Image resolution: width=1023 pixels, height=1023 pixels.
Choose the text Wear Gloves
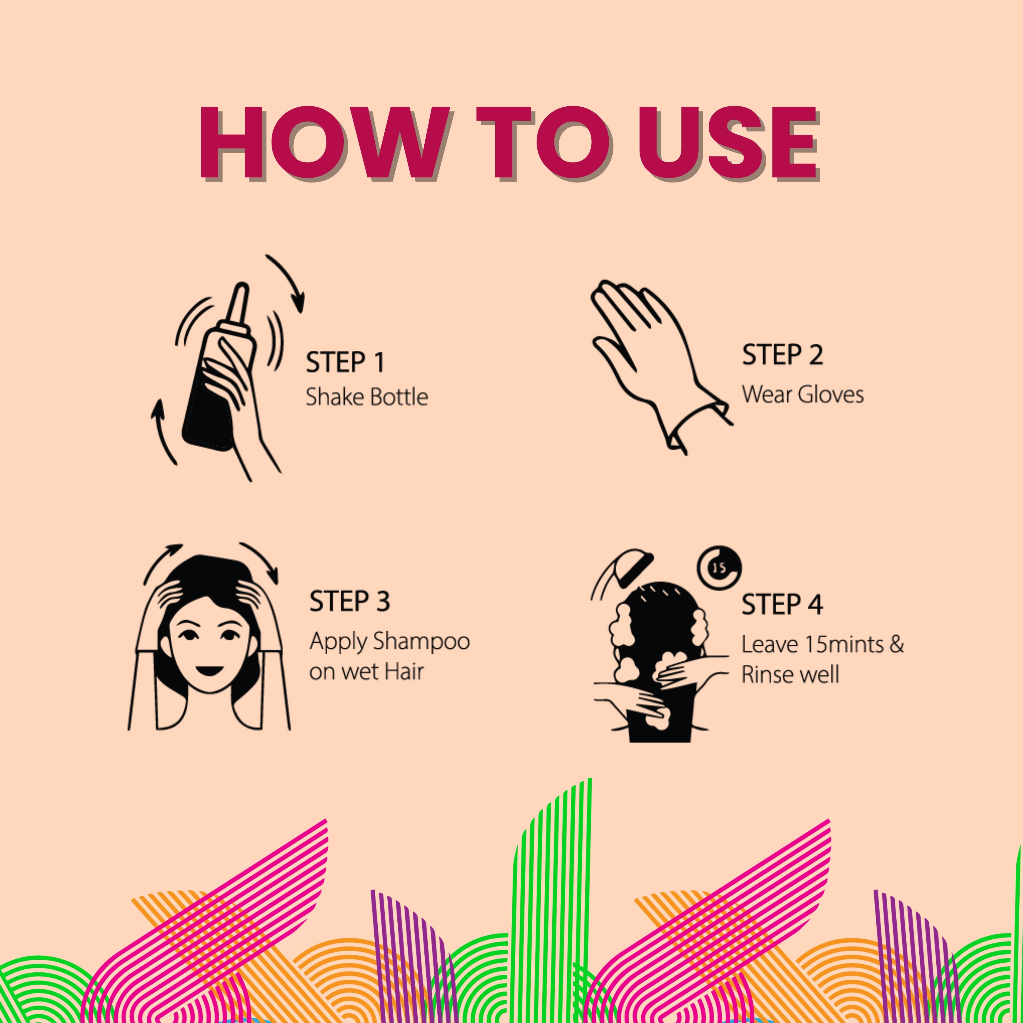pyautogui.click(x=803, y=394)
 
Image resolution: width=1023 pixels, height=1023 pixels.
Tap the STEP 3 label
pyautogui.click(x=349, y=601)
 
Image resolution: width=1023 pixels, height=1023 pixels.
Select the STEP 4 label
pyautogui.click(x=782, y=605)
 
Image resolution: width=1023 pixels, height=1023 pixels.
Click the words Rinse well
pyautogui.click(x=790, y=675)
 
